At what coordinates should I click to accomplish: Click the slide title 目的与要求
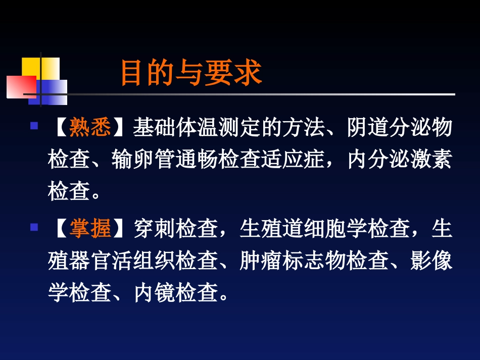coord(190,74)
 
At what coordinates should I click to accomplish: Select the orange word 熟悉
coord(90,128)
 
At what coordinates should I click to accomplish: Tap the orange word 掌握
coord(90,229)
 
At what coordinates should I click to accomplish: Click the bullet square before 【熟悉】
coord(34,126)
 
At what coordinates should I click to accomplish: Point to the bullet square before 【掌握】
coord(34,227)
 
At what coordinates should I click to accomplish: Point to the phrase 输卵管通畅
coord(165,160)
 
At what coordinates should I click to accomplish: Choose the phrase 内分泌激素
coord(400,160)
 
